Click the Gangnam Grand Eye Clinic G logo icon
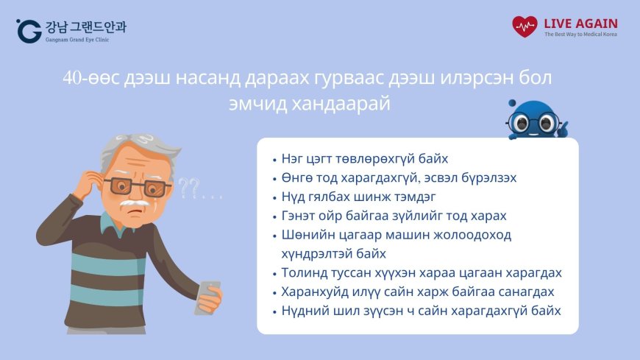pyautogui.click(x=28, y=30)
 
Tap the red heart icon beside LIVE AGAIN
pyautogui.click(x=525, y=27)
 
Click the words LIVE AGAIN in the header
pyautogui.click(x=580, y=23)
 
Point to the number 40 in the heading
pyautogui.click(x=72, y=79)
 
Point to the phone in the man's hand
pyautogui.click(x=208, y=297)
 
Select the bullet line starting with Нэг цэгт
pyautogui.click(x=365, y=159)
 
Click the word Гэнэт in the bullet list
pyautogui.click(x=298, y=216)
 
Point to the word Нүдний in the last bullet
pyautogui.click(x=304, y=311)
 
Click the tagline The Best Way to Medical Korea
pyautogui.click(x=580, y=35)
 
